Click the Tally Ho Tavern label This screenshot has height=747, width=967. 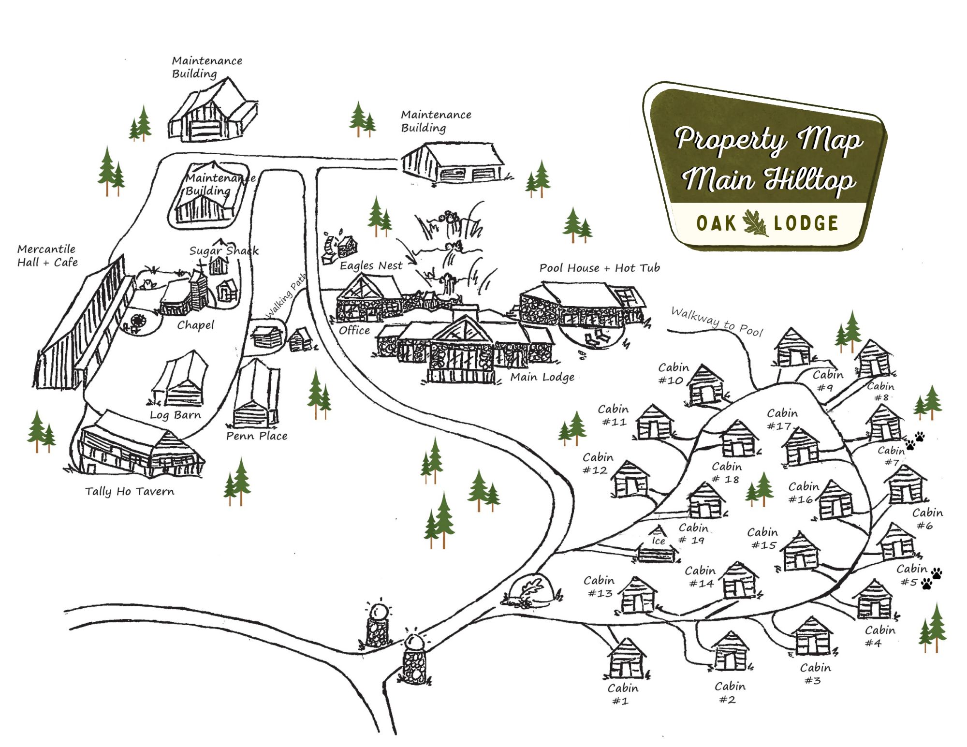tap(130, 491)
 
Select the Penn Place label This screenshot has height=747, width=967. tap(257, 436)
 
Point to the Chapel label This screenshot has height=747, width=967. tap(195, 325)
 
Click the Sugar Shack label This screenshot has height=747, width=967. tap(224, 250)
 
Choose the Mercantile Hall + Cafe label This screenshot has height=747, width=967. tap(47, 256)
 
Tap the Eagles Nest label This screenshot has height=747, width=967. tap(371, 265)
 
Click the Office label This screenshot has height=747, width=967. tap(354, 330)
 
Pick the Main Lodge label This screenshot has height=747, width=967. tap(542, 377)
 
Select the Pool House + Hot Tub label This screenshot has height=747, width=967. tap(600, 268)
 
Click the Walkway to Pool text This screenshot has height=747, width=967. tap(717, 322)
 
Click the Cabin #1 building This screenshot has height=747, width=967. tap(626, 659)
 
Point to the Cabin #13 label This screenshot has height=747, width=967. tap(599, 586)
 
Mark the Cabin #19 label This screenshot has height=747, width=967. tap(693, 534)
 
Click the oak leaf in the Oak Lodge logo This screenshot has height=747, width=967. tap(755, 223)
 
